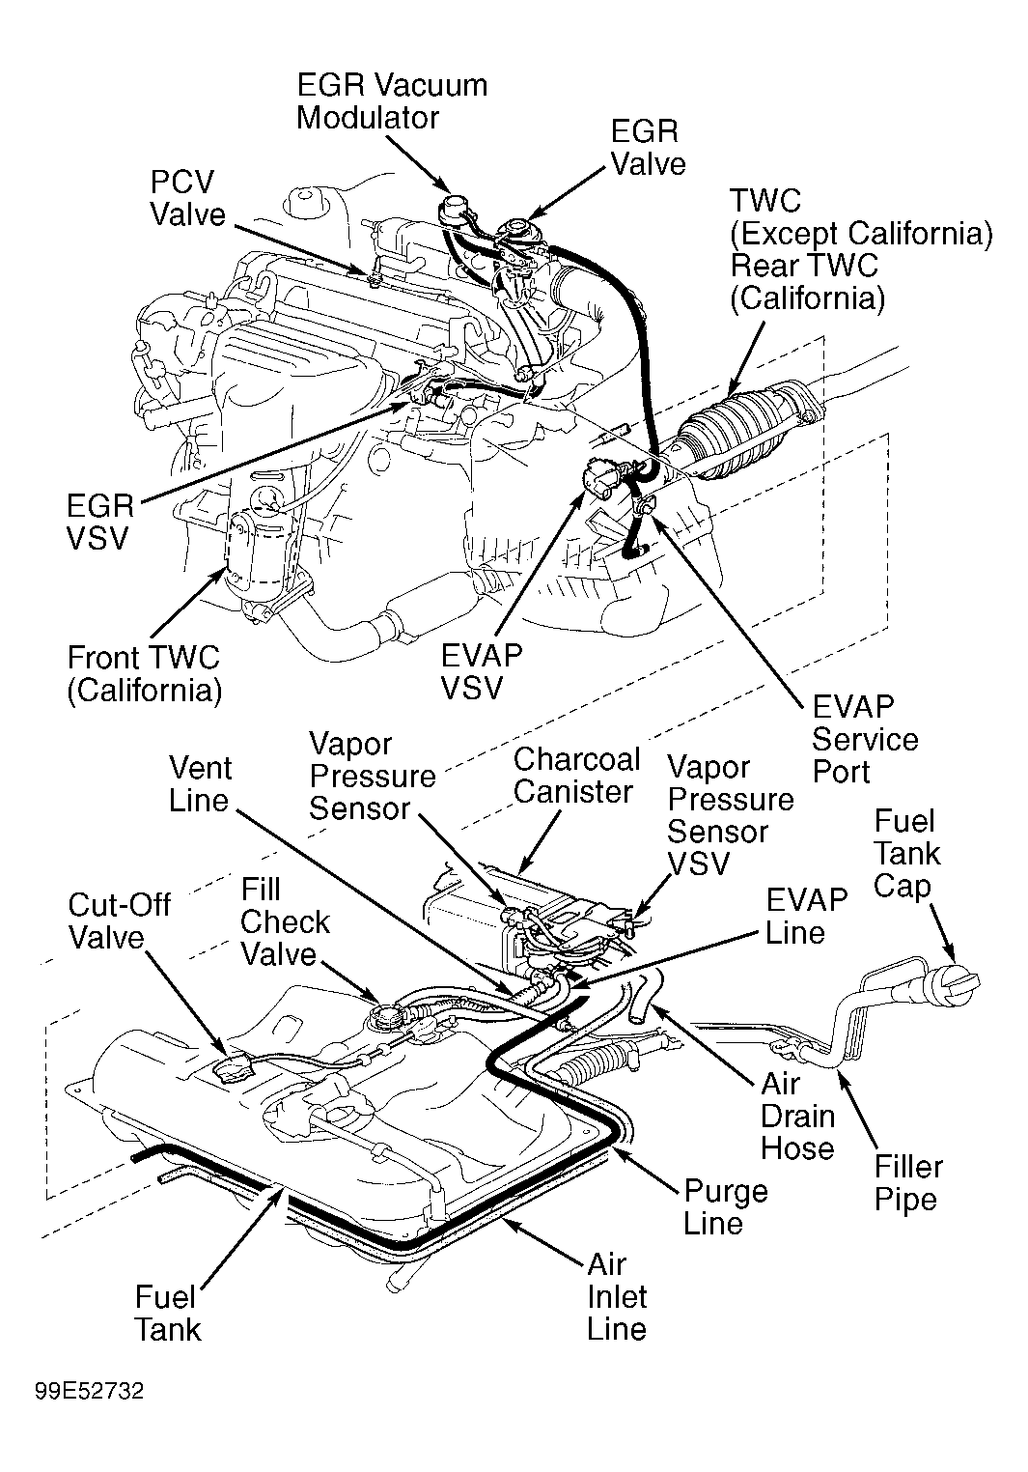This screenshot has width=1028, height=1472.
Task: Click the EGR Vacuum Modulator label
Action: (391, 100)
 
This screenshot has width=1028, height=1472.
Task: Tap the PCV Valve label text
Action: (187, 198)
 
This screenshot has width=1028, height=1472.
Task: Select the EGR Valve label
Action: (648, 147)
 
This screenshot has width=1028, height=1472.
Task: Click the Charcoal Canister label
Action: (576, 775)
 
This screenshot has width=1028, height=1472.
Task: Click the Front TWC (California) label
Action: (144, 673)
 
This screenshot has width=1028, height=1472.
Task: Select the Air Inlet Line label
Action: (617, 1296)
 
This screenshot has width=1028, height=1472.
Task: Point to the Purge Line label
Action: (725, 1206)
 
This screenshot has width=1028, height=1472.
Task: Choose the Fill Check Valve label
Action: (285, 921)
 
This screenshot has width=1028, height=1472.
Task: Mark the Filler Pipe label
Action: (908, 1183)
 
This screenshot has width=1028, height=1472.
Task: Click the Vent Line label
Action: (201, 783)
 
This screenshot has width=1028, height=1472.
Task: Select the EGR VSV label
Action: (99, 522)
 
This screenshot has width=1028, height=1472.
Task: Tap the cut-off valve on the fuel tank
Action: (235, 1068)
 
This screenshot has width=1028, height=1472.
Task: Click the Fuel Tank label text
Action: (168, 1313)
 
